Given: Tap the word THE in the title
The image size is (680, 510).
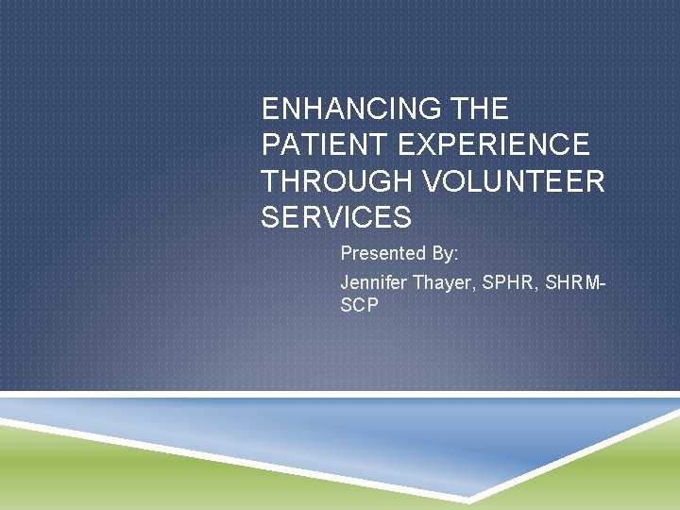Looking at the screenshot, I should click(x=482, y=110).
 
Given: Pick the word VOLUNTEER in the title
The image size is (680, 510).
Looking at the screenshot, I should click(x=510, y=181).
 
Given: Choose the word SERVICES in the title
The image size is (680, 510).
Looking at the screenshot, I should click(x=336, y=218).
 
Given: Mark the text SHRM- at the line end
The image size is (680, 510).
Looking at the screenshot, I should click(x=571, y=282).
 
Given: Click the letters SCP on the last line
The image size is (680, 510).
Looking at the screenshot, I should click(x=359, y=307).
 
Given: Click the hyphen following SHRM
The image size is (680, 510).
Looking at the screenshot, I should click(x=602, y=283).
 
